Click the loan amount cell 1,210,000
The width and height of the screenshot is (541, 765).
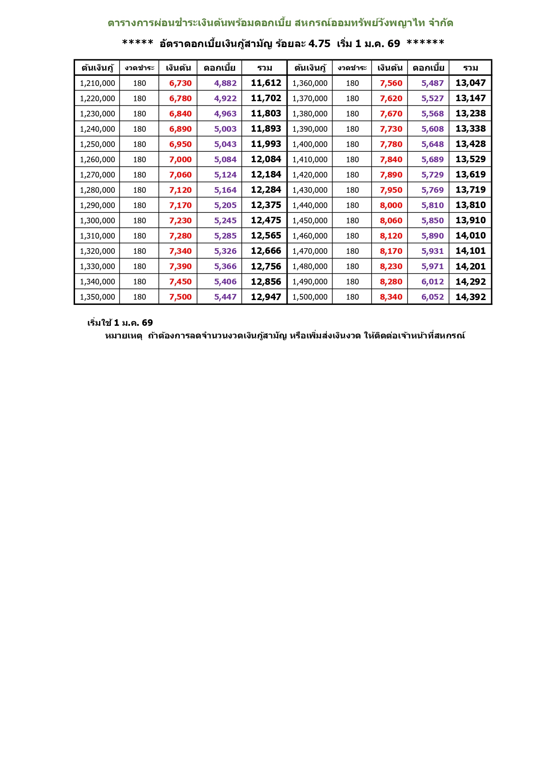click(97, 83)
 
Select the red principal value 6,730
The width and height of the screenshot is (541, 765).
click(180, 83)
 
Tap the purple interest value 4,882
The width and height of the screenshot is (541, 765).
click(225, 83)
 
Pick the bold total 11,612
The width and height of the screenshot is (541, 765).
click(266, 83)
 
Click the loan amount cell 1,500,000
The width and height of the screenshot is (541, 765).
click(310, 297)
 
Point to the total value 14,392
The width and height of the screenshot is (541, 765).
click(470, 297)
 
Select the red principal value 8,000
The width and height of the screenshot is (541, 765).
click(391, 205)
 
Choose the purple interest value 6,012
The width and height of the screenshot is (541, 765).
click(432, 282)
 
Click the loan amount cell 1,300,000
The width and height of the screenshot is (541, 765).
click(97, 221)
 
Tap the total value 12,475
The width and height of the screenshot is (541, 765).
click(266, 221)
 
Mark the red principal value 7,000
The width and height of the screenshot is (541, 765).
click(180, 160)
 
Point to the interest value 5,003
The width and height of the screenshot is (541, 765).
click(225, 129)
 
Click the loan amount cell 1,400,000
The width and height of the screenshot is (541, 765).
click(310, 144)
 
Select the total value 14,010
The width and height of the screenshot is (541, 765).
click(470, 236)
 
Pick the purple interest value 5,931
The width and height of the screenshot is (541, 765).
click(432, 251)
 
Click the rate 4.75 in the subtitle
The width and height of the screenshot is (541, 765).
click(319, 44)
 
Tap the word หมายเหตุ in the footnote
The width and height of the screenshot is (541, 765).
click(123, 336)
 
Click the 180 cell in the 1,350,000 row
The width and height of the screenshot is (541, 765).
click(140, 297)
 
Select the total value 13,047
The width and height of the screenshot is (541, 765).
click(470, 83)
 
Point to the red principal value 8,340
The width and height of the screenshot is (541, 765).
click(391, 297)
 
